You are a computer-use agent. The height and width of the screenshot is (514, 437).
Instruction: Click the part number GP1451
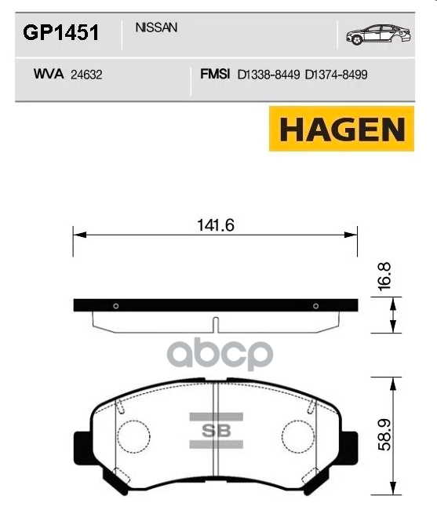(x=60, y=32)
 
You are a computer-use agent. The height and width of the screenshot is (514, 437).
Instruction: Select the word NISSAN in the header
(x=156, y=27)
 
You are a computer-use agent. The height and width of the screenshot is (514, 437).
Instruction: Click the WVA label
(x=49, y=75)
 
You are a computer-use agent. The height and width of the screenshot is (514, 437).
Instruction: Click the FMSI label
(x=215, y=75)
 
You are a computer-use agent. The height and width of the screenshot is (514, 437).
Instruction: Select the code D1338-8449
(x=268, y=75)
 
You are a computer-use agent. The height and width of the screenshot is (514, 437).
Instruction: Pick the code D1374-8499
(x=337, y=75)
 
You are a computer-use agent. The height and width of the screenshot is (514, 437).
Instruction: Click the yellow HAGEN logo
(x=341, y=129)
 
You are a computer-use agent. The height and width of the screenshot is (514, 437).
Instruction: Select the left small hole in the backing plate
(x=115, y=306)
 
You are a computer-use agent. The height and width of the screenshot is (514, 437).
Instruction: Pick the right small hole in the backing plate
(x=315, y=306)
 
